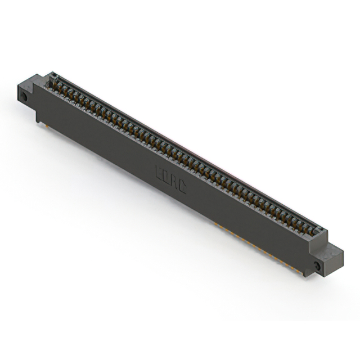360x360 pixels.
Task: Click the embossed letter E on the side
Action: pyautogui.click(x=159, y=169)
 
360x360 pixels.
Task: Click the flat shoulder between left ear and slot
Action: pyautogui.click(x=43, y=79)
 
